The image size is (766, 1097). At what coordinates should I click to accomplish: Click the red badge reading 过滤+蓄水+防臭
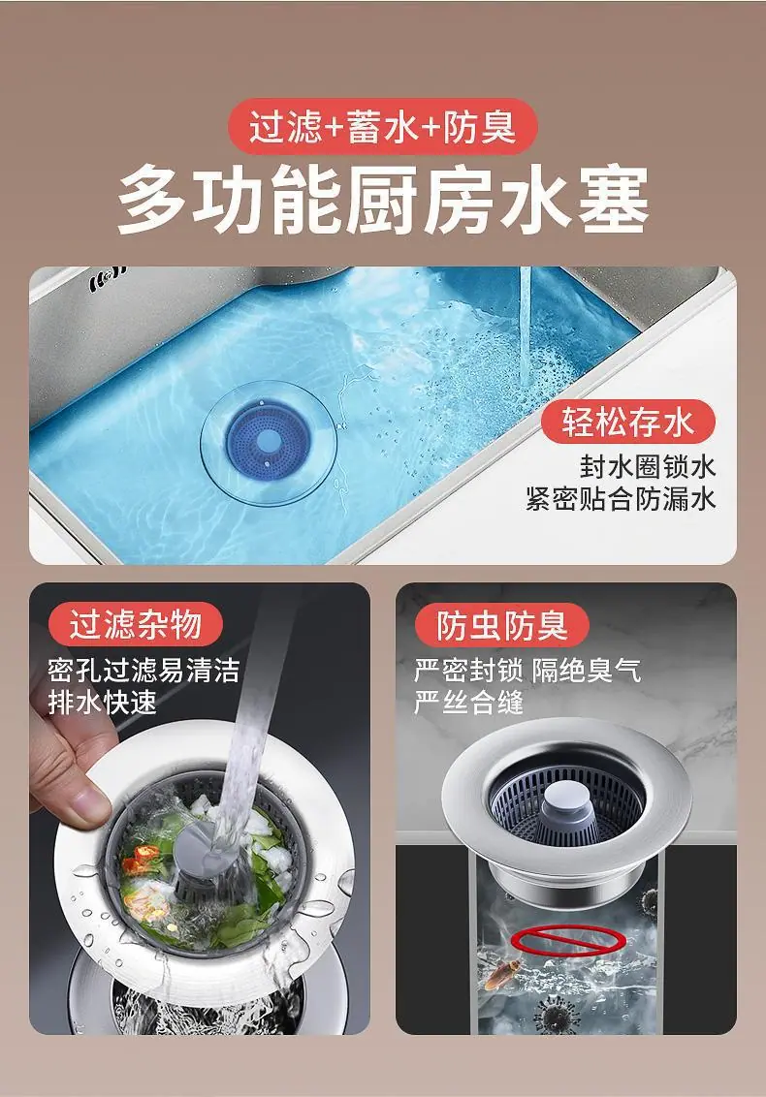(382, 127)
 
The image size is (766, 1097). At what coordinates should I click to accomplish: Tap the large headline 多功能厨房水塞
(382, 200)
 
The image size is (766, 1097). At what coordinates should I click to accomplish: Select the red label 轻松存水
(628, 422)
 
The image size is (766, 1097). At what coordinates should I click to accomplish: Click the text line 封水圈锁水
(648, 467)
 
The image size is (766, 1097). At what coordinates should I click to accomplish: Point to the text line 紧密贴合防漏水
(622, 499)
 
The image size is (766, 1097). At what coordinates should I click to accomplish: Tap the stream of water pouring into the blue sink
(525, 326)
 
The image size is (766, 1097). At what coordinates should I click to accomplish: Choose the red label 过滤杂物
(135, 624)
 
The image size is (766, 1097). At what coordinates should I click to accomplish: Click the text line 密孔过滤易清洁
(144, 671)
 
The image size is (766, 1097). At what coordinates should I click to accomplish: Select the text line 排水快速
(102, 703)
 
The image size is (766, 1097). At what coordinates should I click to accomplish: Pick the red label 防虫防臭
(501, 625)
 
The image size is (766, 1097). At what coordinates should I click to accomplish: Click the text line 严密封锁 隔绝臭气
(527, 671)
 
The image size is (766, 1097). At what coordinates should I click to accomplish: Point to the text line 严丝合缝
(468, 703)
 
